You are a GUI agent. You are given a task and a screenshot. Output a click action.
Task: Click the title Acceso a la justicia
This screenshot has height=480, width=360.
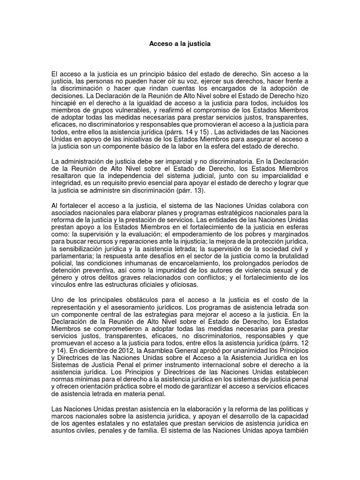pos(180,45)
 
